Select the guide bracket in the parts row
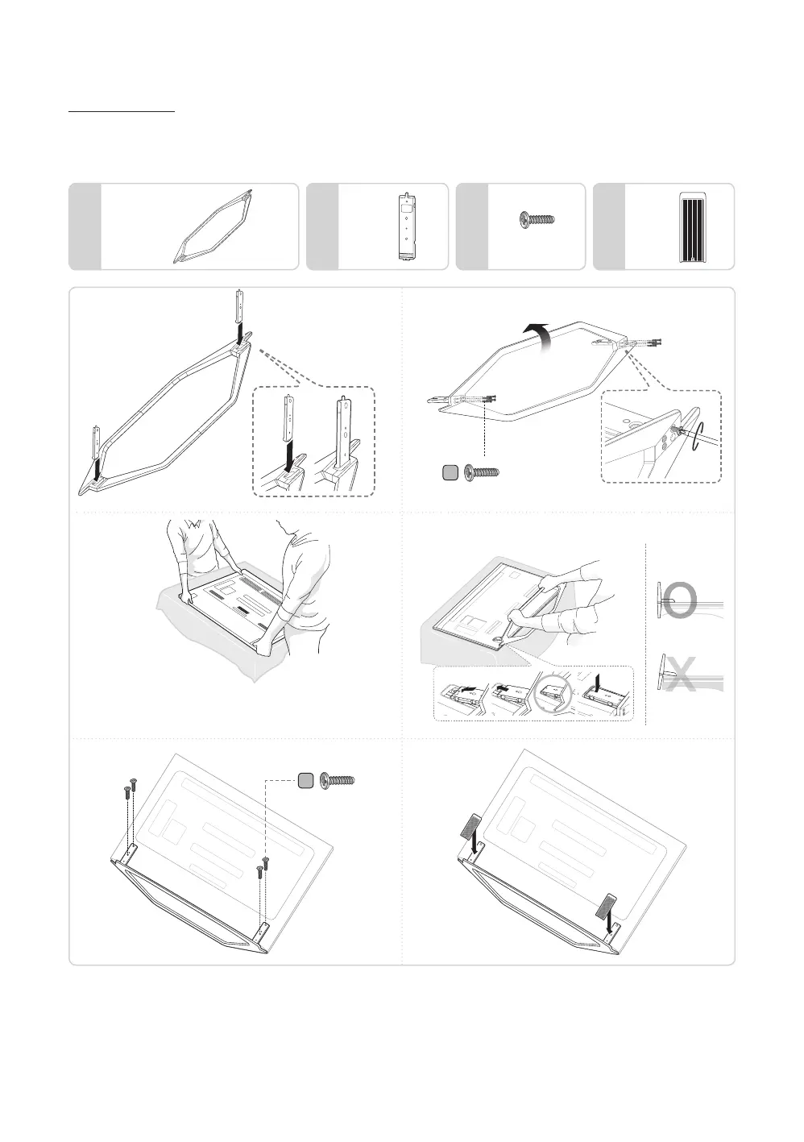(x=407, y=226)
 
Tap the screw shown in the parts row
(x=538, y=218)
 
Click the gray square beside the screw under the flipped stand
(x=452, y=472)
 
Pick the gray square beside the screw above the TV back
(x=306, y=780)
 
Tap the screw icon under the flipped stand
(x=482, y=472)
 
